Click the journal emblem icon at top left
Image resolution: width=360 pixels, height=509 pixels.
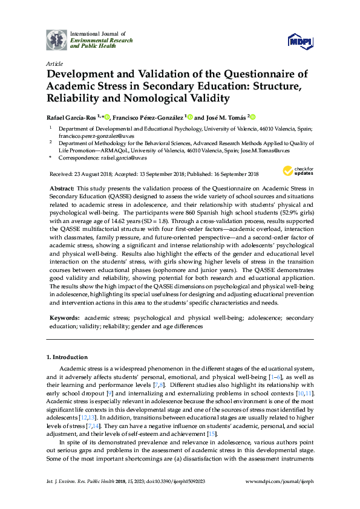(x=57, y=39)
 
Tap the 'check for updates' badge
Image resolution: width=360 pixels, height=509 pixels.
(x=299, y=172)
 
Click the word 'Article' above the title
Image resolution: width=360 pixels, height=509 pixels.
(x=54, y=63)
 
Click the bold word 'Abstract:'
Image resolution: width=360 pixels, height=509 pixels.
(x=61, y=189)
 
